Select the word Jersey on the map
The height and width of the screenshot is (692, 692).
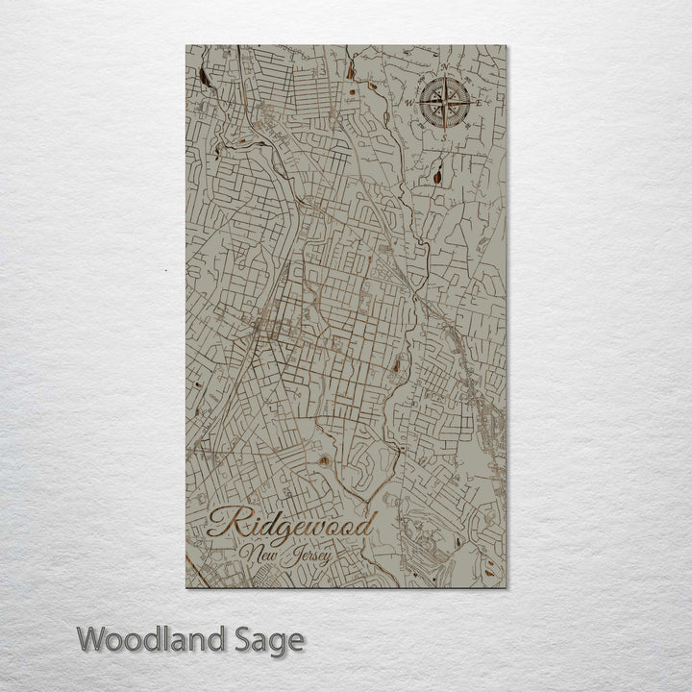point(309,556)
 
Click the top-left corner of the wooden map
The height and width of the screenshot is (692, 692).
point(186,46)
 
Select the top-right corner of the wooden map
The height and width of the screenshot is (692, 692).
point(507,46)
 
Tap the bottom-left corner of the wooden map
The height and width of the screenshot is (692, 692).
point(186,587)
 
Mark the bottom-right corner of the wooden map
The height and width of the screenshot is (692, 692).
point(507,587)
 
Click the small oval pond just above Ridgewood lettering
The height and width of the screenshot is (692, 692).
point(324,461)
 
